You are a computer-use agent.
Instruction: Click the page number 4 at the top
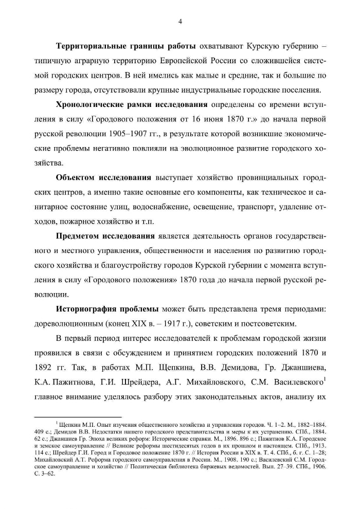(180, 21)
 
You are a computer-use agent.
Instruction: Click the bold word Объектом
(80, 178)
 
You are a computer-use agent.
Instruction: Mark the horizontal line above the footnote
(77, 416)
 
